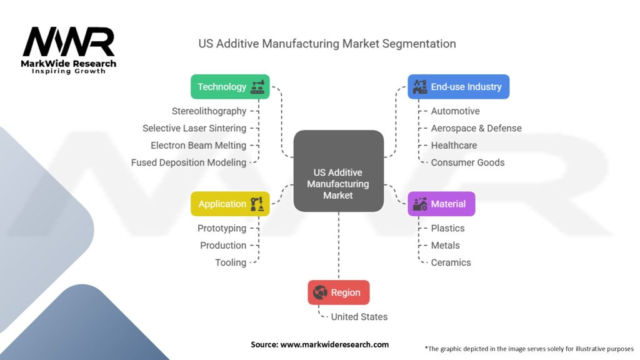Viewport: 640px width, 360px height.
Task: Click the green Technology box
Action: pyautogui.click(x=230, y=87)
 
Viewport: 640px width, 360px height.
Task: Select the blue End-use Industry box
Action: pyautogui.click(x=458, y=87)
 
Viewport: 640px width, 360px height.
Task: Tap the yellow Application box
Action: pyautogui.click(x=230, y=204)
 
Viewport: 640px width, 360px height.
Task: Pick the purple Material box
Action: pyautogui.click(x=441, y=204)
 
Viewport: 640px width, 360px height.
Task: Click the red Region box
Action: pyautogui.click(x=338, y=292)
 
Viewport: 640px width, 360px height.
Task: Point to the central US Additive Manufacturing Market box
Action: pyautogui.click(x=338, y=184)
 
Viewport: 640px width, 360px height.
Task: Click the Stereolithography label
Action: pyautogui.click(x=209, y=111)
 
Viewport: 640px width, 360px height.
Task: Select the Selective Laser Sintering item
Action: pyautogui.click(x=194, y=128)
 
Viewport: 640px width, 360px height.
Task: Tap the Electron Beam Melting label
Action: pyautogui.click(x=198, y=145)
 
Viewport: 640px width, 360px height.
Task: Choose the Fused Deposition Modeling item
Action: pyautogui.click(x=189, y=162)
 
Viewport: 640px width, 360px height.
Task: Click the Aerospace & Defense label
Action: pyautogui.click(x=476, y=128)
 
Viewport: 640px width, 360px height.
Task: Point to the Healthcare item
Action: pyautogui.click(x=454, y=145)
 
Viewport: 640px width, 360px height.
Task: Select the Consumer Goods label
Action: pyautogui.click(x=467, y=162)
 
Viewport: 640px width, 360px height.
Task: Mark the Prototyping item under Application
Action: pyautogui.click(x=222, y=228)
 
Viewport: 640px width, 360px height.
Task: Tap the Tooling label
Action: pyautogui.click(x=231, y=262)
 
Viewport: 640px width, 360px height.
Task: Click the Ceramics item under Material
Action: pyautogui.click(x=451, y=262)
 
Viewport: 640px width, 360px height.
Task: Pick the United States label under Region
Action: pyautogui.click(x=359, y=317)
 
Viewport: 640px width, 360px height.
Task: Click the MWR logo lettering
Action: pyautogui.click(x=69, y=42)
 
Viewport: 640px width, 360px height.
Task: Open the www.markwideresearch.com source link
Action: pyautogui.click(x=334, y=344)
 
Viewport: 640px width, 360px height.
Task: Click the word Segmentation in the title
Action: pyautogui.click(x=419, y=44)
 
